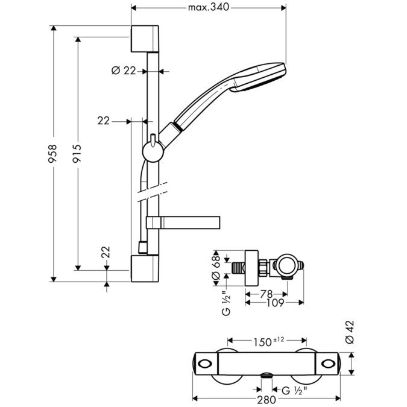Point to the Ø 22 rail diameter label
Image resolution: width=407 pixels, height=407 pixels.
[124, 71]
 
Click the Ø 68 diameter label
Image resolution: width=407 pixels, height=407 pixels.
[215, 266]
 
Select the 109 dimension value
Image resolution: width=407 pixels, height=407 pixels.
[274, 303]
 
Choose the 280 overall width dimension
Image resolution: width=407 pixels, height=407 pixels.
[265, 399]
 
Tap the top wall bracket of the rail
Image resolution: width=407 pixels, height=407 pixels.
[145, 39]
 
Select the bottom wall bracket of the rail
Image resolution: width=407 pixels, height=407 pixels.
[145, 268]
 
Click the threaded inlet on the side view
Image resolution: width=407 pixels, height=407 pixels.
[238, 266]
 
